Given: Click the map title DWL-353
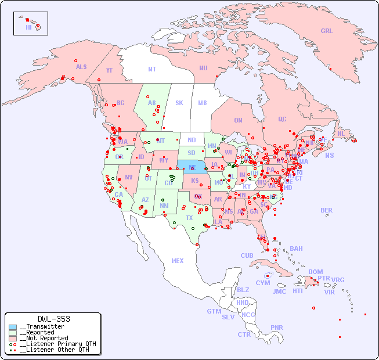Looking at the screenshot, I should [x=53, y=319].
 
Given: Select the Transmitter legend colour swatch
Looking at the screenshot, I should [x=13, y=327].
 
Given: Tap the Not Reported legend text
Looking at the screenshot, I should [x=45, y=338].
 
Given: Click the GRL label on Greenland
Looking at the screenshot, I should [x=327, y=31].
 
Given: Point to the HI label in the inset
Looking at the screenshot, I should [x=28, y=27].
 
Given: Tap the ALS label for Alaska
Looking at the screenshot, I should [x=81, y=67].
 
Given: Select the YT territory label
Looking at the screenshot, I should [x=109, y=70].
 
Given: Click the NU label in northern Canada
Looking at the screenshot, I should [x=203, y=68].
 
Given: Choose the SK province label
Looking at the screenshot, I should [x=179, y=103].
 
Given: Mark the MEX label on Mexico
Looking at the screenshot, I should [x=178, y=261].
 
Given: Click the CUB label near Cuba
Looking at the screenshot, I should [x=247, y=255].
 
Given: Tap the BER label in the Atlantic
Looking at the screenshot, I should [x=326, y=210].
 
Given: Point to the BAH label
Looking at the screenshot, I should [x=296, y=249].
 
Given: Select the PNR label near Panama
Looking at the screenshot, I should [x=277, y=327].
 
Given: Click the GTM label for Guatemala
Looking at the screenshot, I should [x=214, y=311].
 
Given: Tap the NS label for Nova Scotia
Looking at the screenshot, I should [x=329, y=156].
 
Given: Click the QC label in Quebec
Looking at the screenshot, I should [x=282, y=119].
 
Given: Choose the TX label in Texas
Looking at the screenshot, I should [x=189, y=218].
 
